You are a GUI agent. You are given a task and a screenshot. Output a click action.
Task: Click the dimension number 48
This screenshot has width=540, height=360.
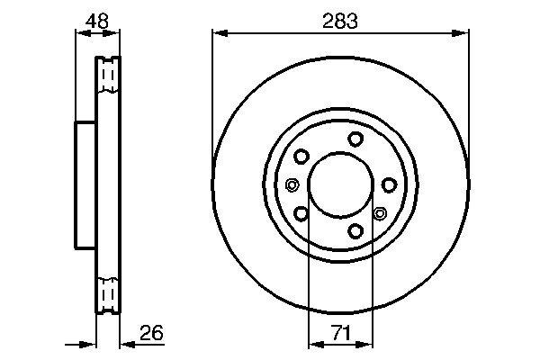pyautogui.click(x=96, y=21)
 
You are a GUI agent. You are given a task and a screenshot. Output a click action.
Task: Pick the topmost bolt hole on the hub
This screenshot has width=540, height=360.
pyautogui.click(x=355, y=138)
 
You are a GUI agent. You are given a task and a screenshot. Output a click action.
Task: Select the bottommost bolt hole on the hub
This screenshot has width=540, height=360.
pyautogui.click(x=355, y=231)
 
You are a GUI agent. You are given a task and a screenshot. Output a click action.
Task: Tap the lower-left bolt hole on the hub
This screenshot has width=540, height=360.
pyautogui.click(x=301, y=213)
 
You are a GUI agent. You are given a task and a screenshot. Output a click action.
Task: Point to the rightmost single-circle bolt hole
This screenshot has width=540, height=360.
pyautogui.click(x=389, y=184)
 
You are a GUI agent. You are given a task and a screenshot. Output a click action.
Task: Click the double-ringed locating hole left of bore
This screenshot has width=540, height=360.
pyautogui.click(x=292, y=185)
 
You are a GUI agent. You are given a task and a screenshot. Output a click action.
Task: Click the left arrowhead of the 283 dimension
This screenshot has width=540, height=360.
pyautogui.click(x=217, y=34)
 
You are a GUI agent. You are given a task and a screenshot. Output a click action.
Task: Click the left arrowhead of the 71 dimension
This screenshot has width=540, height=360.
pyautogui.click(x=313, y=343)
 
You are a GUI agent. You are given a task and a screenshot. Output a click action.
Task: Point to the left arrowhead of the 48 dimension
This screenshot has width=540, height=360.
pyautogui.click(x=78, y=34)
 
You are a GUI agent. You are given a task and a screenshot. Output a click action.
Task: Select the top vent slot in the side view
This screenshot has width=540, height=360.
pyautogui.click(x=107, y=77)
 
